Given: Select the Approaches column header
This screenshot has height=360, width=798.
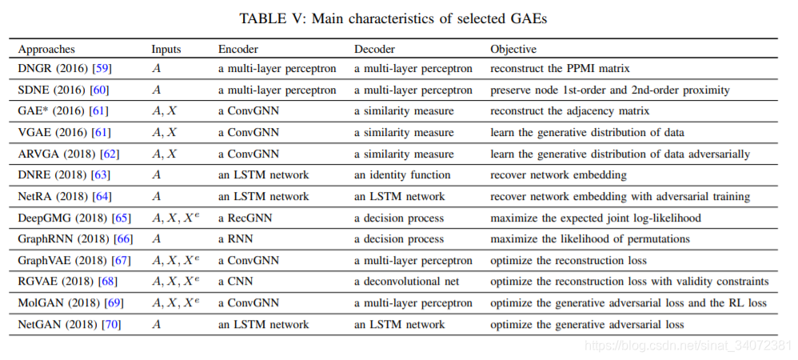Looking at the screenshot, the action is click(46, 50).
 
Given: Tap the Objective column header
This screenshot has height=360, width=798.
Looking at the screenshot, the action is click(513, 50).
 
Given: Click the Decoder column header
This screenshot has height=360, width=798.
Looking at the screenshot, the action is click(374, 50).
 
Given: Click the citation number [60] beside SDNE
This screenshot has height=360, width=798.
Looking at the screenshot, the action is click(99, 90).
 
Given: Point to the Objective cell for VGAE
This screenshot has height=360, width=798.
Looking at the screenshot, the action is click(587, 133).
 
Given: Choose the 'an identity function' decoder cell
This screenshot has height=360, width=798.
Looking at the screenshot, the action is click(402, 175).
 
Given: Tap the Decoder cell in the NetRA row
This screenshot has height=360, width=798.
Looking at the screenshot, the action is click(400, 197).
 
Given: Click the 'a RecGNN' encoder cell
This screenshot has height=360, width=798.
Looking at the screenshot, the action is click(245, 218).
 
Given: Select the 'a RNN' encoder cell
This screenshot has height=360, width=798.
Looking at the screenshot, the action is click(235, 239).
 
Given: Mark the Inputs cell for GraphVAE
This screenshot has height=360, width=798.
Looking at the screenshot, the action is click(175, 260).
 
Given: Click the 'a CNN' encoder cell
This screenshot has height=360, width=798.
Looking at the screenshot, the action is click(236, 282).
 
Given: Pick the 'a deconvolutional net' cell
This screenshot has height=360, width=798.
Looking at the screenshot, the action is click(407, 282).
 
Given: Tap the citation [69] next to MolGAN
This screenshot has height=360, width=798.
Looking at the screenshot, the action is click(114, 303).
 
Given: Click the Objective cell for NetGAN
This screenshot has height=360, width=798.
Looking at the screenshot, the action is click(587, 324).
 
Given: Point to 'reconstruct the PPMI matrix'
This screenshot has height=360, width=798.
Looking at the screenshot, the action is click(561, 68).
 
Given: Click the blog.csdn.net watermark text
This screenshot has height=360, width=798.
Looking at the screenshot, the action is click(688, 346).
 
